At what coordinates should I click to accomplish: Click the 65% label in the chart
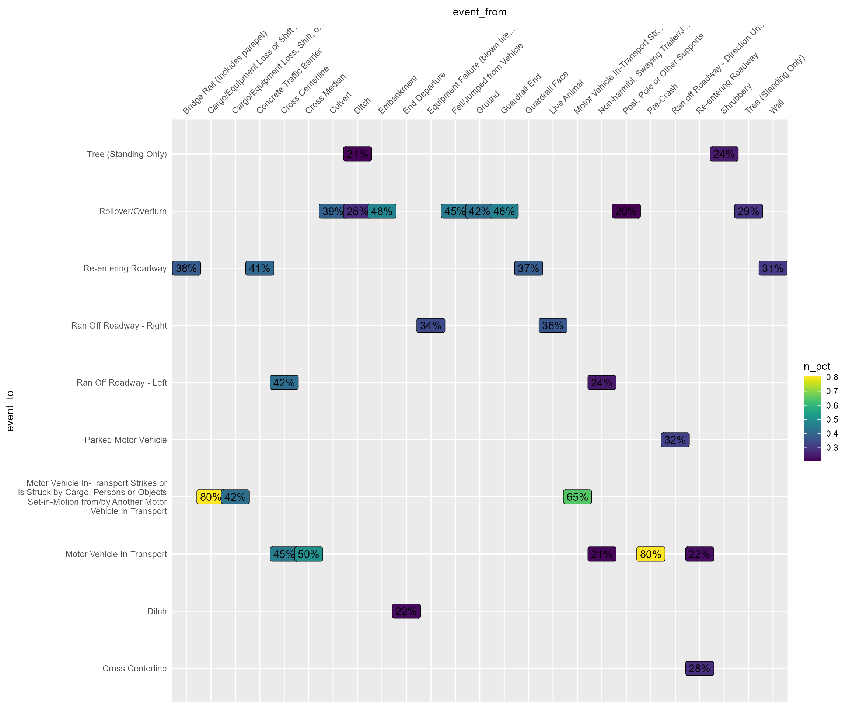[577, 497]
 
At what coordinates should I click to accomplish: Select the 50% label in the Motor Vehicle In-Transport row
[308, 554]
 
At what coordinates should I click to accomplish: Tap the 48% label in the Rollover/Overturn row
[382, 211]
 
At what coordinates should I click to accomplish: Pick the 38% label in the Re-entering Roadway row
[186, 268]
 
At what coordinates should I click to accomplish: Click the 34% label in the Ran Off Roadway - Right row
[430, 326]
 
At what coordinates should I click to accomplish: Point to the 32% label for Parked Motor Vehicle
[675, 440]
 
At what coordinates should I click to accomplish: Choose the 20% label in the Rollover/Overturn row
[626, 211]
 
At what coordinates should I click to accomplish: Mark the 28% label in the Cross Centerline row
[699, 668]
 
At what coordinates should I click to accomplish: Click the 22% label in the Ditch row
[406, 611]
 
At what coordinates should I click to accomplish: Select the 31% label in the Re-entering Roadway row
[773, 268]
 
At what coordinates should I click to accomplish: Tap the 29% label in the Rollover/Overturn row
[748, 211]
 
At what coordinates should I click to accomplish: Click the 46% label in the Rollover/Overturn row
[504, 211]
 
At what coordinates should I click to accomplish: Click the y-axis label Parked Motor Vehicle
[126, 440]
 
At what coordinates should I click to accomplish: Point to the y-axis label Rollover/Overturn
[133, 211]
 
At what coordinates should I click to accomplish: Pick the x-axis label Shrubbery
[737, 98]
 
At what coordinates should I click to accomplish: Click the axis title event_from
[479, 12]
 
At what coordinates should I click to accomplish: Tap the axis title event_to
[10, 411]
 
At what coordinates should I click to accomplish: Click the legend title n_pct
[817, 367]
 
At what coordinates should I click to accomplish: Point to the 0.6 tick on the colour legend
[832, 405]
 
